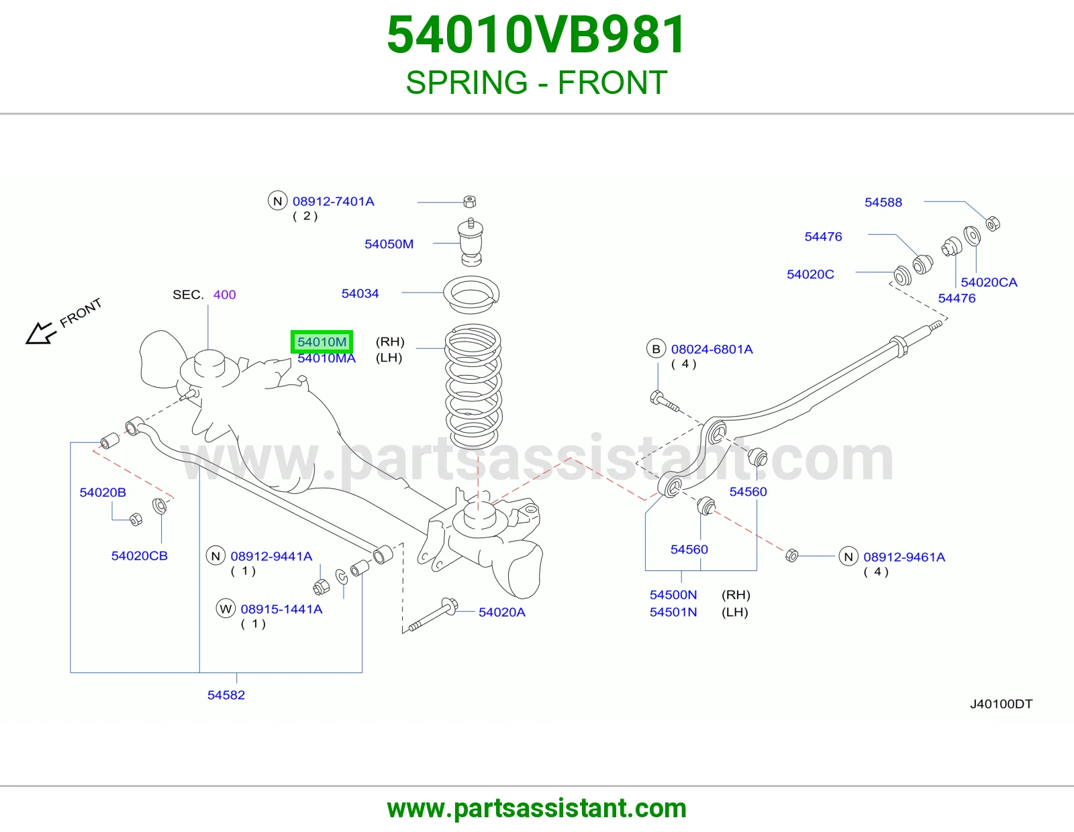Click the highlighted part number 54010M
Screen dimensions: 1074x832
[322, 342]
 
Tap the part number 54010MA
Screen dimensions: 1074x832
[326, 358]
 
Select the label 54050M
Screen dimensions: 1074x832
[389, 244]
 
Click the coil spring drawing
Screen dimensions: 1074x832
[473, 386]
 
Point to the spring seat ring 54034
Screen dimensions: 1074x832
[471, 295]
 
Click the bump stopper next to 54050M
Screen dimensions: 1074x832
[471, 243]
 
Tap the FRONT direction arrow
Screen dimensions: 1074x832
[40, 333]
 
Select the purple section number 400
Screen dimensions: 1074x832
[224, 295]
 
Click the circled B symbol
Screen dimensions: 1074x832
[656, 350]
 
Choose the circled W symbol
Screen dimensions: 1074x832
[226, 609]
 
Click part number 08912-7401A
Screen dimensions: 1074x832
[334, 201]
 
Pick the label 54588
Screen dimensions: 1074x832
[883, 203]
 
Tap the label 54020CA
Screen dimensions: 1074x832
[989, 282]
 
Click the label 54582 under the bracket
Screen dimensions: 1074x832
[226, 695]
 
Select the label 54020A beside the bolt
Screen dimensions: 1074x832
[501, 612]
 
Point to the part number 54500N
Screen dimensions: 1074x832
[673, 595]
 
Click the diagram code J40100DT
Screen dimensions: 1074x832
[1002, 704]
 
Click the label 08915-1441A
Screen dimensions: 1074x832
[281, 609]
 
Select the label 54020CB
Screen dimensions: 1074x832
[140, 556]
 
